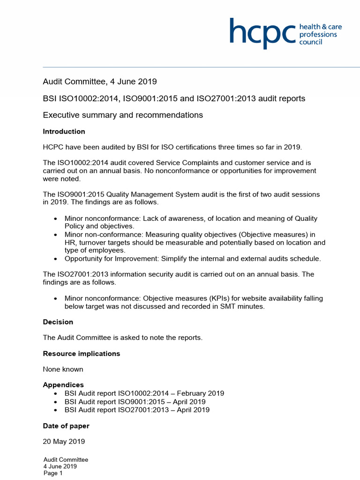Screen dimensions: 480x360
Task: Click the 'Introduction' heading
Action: point(64,132)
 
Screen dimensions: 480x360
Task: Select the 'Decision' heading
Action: point(58,322)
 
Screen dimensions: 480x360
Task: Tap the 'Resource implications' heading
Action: point(82,353)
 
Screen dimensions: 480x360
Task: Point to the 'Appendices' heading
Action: point(63,385)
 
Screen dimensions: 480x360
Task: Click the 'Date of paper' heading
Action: point(66,426)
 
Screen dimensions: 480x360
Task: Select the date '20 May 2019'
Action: point(64,442)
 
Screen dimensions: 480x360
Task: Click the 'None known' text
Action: point(63,369)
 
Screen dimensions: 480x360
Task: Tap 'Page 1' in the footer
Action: point(53,473)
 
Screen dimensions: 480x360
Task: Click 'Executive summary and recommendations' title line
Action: point(123,115)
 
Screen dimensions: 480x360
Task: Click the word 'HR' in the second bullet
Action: point(70,242)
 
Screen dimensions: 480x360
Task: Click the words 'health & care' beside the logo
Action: point(321,27)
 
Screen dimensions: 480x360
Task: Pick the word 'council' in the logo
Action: point(311,42)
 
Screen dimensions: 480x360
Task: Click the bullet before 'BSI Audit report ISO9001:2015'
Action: point(56,402)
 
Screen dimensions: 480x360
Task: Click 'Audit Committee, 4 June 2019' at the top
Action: point(100,82)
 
